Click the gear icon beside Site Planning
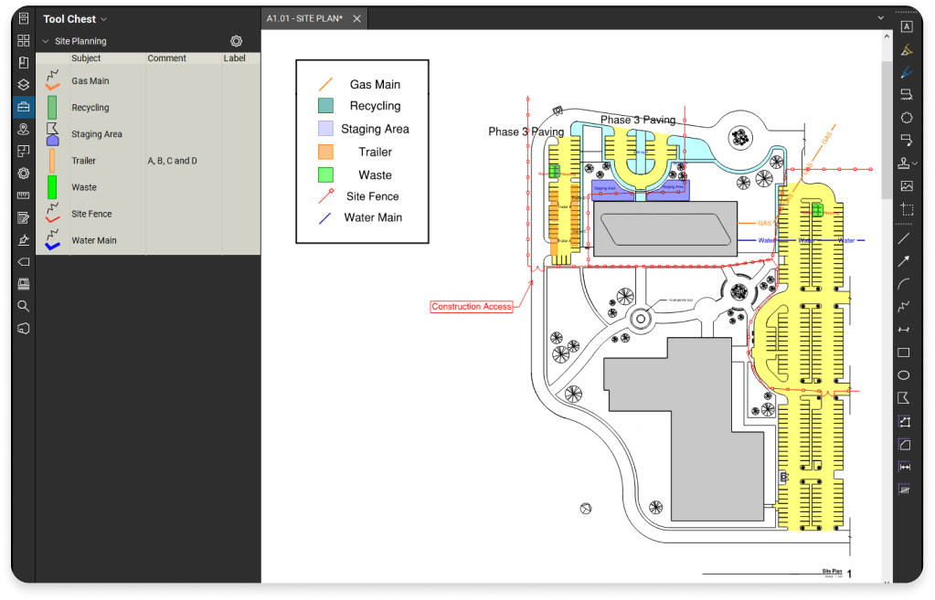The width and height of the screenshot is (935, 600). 236,41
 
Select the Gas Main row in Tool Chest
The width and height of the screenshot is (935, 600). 90,81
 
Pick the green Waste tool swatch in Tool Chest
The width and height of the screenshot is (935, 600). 52,187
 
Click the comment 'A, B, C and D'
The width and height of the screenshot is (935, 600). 172,161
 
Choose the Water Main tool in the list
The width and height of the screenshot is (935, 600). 93,241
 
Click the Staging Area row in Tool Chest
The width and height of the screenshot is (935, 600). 96,134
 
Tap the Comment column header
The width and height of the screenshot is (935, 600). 166,58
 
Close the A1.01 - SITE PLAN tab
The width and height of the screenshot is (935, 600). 356,19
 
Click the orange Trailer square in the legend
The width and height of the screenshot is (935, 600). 325,153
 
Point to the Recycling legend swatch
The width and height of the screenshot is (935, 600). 325,106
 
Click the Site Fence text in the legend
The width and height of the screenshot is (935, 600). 372,196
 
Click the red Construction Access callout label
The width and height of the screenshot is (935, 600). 472,307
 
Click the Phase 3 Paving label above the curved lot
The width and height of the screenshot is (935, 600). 637,121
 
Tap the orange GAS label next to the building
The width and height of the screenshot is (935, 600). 764,223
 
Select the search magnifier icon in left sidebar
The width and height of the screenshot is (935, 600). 24,306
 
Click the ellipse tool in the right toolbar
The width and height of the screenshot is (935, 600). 904,375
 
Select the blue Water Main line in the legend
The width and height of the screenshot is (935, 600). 325,218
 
